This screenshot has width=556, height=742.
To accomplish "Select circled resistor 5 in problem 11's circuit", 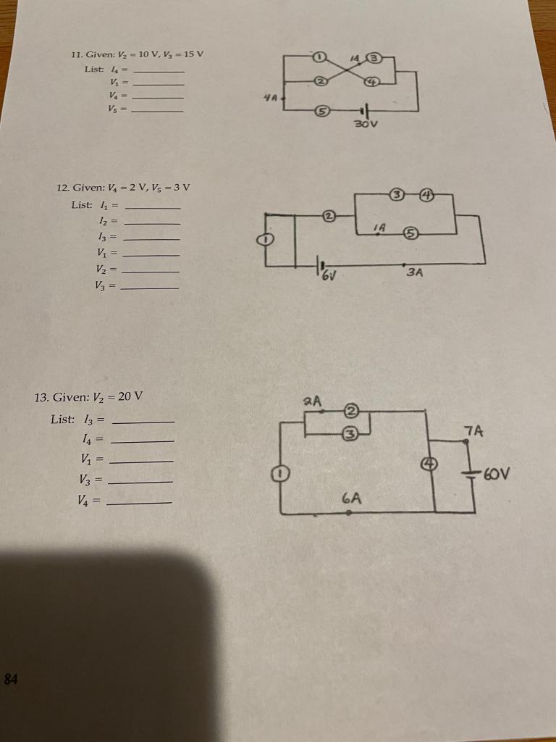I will coord(324,111).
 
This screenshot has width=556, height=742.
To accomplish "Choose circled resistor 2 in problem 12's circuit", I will coord(329,215).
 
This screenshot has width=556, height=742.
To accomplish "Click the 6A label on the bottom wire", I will coord(352,498).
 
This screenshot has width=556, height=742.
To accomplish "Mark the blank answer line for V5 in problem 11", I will coord(156,110).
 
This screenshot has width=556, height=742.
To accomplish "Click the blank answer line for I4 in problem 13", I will coord(142,441).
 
